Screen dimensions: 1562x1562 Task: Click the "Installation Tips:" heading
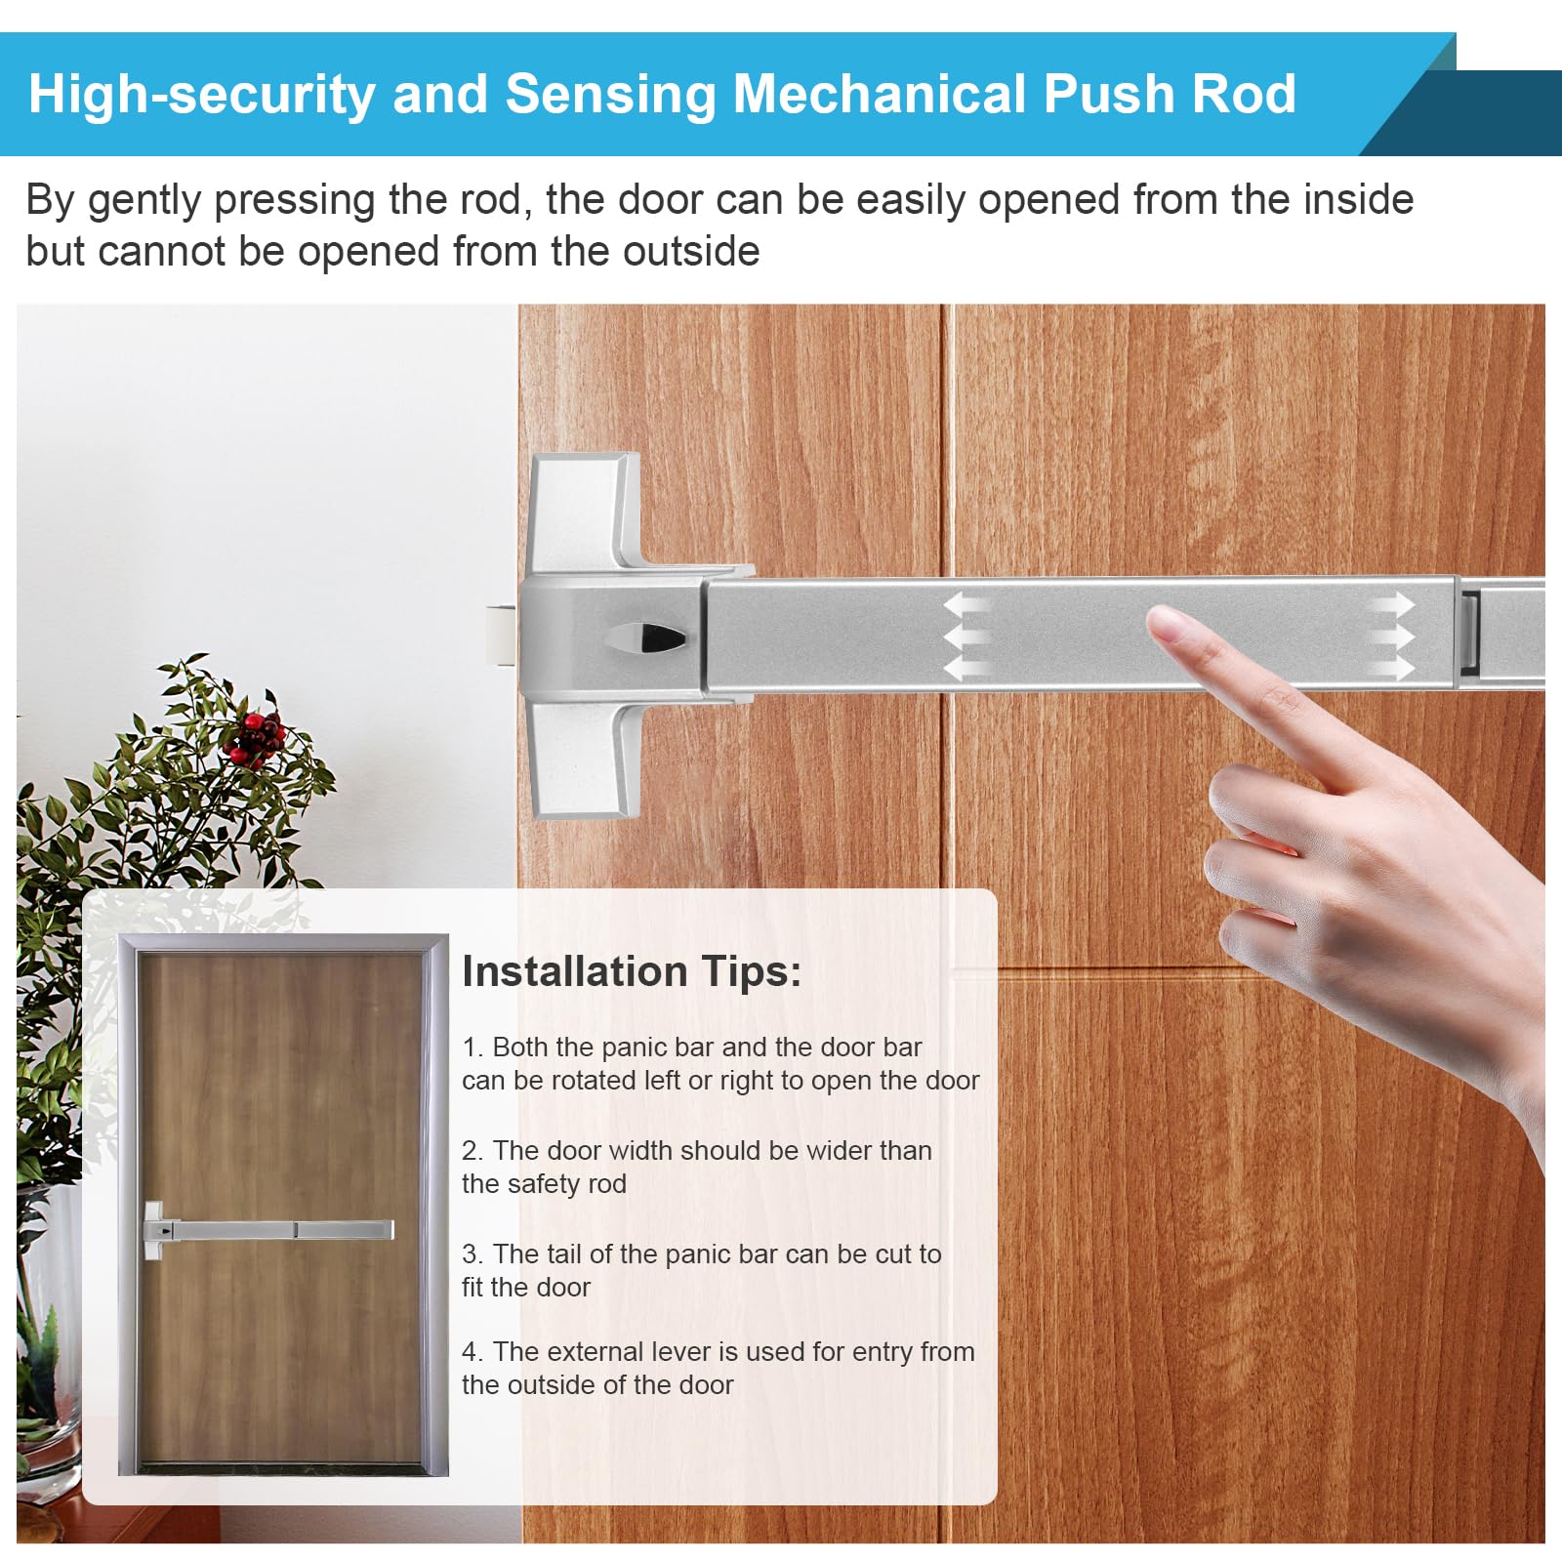[632, 971]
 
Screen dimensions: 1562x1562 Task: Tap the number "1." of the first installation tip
[473, 1048]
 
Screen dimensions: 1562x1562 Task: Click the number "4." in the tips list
[473, 1352]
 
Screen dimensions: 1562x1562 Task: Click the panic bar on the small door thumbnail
[269, 1230]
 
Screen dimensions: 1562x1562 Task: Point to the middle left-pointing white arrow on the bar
[966, 637]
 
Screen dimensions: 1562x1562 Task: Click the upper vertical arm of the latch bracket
[584, 515]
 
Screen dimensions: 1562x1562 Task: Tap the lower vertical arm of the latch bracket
[584, 758]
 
